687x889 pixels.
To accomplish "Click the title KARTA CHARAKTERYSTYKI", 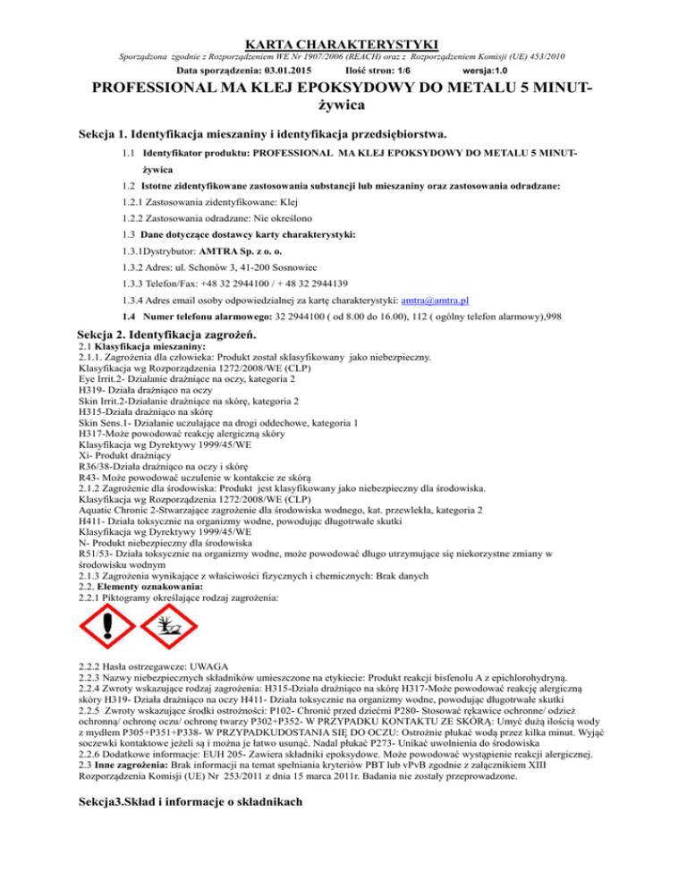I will click(343, 42).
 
